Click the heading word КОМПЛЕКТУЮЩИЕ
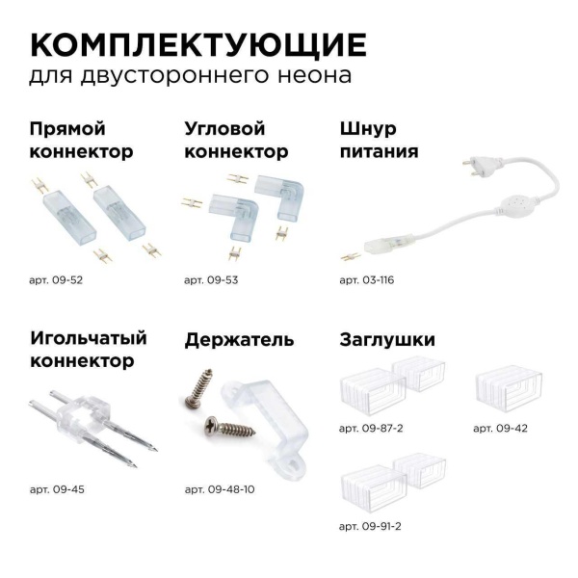(197, 44)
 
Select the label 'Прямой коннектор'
(81, 141)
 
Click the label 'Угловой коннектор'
(235, 141)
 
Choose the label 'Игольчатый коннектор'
(88, 350)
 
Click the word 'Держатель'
(239, 340)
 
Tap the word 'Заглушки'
(386, 340)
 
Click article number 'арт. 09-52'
(56, 280)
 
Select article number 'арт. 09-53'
(210, 280)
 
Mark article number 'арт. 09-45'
(57, 489)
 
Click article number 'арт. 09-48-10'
(219, 489)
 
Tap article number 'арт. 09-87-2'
(373, 428)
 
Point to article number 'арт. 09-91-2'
(373, 527)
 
